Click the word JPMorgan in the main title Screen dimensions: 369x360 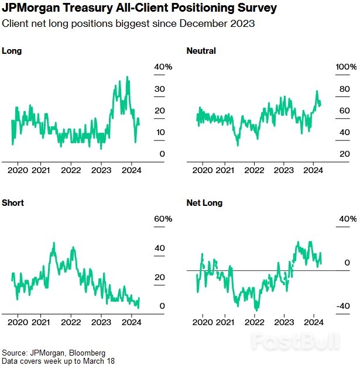click(x=33, y=9)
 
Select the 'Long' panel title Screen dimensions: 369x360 click(x=12, y=51)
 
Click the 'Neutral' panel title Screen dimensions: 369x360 click(x=201, y=51)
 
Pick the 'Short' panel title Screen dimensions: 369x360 click(x=13, y=203)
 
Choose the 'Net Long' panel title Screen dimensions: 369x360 click(x=204, y=203)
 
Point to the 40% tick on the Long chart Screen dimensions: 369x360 click(x=163, y=67)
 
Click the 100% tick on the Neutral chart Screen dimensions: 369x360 click(x=345, y=67)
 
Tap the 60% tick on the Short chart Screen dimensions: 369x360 click(x=163, y=219)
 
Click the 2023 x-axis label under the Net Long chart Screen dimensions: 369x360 click(x=284, y=322)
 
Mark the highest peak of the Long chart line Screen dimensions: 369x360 click(x=127, y=77)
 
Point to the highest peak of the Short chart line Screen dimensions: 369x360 click(x=54, y=243)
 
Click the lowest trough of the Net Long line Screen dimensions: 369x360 click(x=256, y=309)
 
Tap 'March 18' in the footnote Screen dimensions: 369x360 click(x=98, y=361)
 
